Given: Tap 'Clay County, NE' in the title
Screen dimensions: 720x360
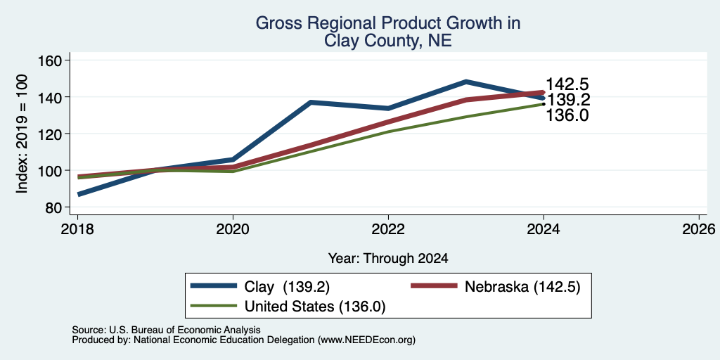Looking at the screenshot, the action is pos(388,41).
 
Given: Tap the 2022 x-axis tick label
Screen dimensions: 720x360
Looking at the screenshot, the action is pos(388,229).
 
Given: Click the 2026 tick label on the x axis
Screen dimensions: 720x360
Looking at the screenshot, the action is pos(699,229).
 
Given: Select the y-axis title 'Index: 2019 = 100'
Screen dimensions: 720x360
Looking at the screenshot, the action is pos(22,134).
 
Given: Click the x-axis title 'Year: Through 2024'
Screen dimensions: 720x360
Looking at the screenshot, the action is pos(388,259).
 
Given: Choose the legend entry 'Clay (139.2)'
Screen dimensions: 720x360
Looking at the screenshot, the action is pos(260,287).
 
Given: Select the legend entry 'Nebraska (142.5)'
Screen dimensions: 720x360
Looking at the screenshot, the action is pos(496,287).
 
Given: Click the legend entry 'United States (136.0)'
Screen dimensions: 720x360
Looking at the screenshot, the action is pos(288,306).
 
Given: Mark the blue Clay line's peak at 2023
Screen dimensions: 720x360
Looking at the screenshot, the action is pos(466,82).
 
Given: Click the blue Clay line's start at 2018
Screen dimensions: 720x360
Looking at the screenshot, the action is pos(78,194).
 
